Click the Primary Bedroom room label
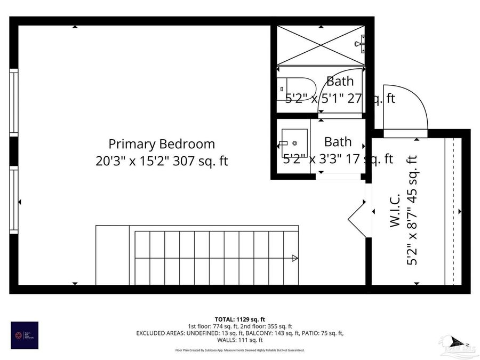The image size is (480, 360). coord(162,144)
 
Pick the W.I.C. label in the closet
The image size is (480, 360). coord(395,213)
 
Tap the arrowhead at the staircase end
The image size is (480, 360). coord(295,259)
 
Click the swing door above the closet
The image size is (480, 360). coord(405,109)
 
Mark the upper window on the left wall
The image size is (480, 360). coord(14,102)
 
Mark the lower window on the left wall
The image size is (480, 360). coord(14,198)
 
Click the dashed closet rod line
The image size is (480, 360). coord(453,211)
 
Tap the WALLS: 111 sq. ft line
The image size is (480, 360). coord(239,340)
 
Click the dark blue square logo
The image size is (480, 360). coord(25,335)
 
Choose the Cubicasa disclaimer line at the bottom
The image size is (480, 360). coord(239,350)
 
